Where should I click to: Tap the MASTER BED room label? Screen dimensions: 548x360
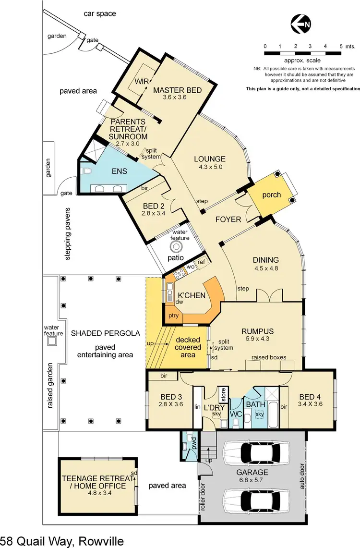177,90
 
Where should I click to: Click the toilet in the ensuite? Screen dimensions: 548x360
87,171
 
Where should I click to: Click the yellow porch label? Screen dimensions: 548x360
271,195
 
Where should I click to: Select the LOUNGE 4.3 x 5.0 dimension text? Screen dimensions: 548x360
210,168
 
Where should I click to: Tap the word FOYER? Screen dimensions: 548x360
228,219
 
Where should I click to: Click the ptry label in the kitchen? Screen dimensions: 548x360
173,316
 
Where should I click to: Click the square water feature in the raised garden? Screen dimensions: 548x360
51,341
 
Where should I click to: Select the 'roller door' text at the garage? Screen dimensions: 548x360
204,497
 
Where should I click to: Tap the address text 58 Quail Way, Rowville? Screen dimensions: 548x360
62,541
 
